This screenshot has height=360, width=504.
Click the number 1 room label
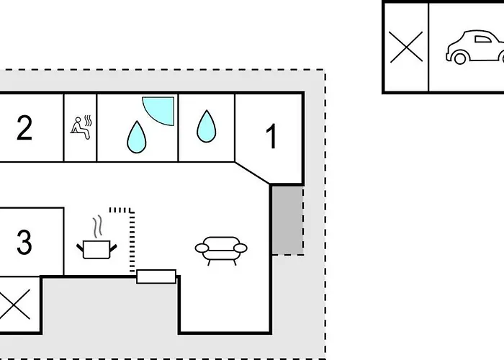pos(272,136)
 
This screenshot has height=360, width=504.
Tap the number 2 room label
pos(24,128)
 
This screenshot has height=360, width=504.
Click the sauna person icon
pos(81,127)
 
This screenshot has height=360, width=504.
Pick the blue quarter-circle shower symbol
pos(158,111)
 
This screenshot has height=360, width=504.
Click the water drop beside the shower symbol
pos(137,137)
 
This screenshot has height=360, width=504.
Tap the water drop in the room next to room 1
pos(207,126)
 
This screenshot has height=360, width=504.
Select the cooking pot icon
pos(96,249)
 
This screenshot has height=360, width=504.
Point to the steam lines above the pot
pos(98,227)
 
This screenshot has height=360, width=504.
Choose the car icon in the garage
pos(475,47)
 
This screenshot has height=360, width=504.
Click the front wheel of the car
pos(460,58)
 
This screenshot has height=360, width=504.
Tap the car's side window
pos(483,39)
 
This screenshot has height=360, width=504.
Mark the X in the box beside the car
pos(406,47)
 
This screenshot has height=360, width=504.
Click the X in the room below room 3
pos(14,304)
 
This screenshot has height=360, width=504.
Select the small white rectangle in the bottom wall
pos(156,276)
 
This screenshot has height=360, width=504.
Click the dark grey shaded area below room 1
pos(288,221)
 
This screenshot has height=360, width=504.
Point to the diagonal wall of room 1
pos(252,173)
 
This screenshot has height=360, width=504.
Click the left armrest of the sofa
pos(202,248)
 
